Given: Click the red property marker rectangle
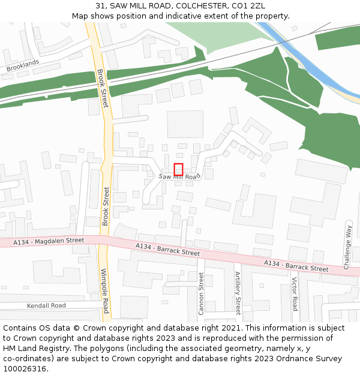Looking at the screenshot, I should pos(178,169).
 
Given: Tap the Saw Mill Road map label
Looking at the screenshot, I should pos(178,177).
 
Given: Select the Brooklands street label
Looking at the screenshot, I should pos(23,65).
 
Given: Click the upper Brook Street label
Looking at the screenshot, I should pos(103,88).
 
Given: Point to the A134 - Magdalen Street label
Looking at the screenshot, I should pos(50,241).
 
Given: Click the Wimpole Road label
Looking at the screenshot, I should pos(104,290).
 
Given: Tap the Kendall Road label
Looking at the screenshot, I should pos(46,305).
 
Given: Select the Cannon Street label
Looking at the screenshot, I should pos(201,293).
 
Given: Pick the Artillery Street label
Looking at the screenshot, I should pos(238,293).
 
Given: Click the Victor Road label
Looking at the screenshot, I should pos(294,294).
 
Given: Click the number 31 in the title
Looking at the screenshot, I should pos(100,5).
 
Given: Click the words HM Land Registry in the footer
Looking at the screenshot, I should pos(33,349).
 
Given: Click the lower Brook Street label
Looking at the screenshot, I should pos(106,206).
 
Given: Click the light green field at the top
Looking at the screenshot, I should pos(222,34).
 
